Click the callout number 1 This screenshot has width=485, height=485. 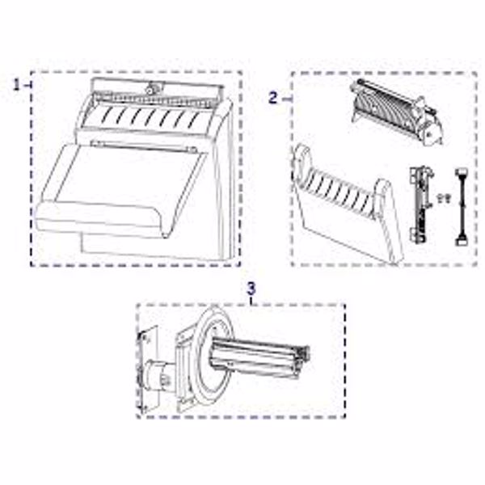tap(16, 85)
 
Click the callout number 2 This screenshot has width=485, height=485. tap(273, 98)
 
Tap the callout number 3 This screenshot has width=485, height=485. tap(251, 289)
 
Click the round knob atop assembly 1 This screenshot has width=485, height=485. tap(150, 90)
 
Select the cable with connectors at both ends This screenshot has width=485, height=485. tap(461, 207)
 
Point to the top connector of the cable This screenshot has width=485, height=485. tap(462, 173)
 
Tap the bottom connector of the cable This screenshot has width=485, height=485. tap(461, 241)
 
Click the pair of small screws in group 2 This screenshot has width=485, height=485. tap(443, 197)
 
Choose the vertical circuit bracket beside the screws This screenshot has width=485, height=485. tap(420, 205)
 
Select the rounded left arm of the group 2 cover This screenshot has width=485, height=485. tap(301, 164)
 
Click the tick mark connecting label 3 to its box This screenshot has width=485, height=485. tap(251, 301)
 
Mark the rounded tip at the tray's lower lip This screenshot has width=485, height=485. tap(166, 235)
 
